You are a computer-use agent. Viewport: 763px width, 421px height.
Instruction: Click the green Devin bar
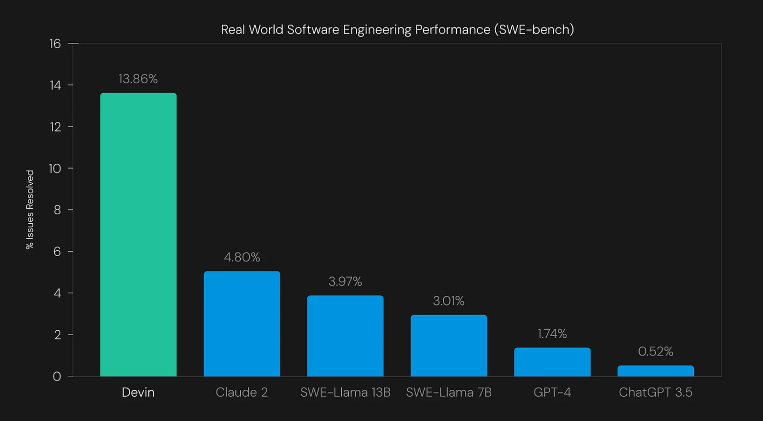point(138,234)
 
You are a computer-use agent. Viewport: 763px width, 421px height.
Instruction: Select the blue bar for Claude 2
point(242,324)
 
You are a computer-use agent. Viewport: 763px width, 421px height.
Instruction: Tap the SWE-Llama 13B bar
point(345,336)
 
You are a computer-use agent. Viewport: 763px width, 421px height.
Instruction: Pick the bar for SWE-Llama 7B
point(449,345)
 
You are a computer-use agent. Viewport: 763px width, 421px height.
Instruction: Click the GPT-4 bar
point(552,362)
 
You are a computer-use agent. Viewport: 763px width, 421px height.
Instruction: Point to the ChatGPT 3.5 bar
point(655,371)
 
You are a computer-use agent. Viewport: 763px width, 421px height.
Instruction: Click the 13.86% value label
point(138,79)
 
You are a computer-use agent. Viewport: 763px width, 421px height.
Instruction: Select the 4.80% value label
point(242,257)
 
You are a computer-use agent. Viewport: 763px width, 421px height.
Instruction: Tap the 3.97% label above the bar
point(345,282)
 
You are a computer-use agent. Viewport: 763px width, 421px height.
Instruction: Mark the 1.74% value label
point(552,334)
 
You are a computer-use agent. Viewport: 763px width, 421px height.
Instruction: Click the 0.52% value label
point(655,351)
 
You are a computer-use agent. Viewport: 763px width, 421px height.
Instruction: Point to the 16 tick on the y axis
point(55,44)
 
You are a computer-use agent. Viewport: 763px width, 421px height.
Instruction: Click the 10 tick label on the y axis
point(55,168)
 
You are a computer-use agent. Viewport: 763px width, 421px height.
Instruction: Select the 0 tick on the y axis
point(57,376)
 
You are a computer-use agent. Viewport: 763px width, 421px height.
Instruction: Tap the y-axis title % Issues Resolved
point(30,209)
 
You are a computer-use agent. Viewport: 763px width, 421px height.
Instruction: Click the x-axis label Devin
point(138,392)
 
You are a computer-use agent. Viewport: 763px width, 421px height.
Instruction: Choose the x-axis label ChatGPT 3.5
point(655,392)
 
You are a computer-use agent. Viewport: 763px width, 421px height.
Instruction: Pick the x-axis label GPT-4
point(552,392)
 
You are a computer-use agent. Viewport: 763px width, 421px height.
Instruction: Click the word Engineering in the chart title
point(377,29)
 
